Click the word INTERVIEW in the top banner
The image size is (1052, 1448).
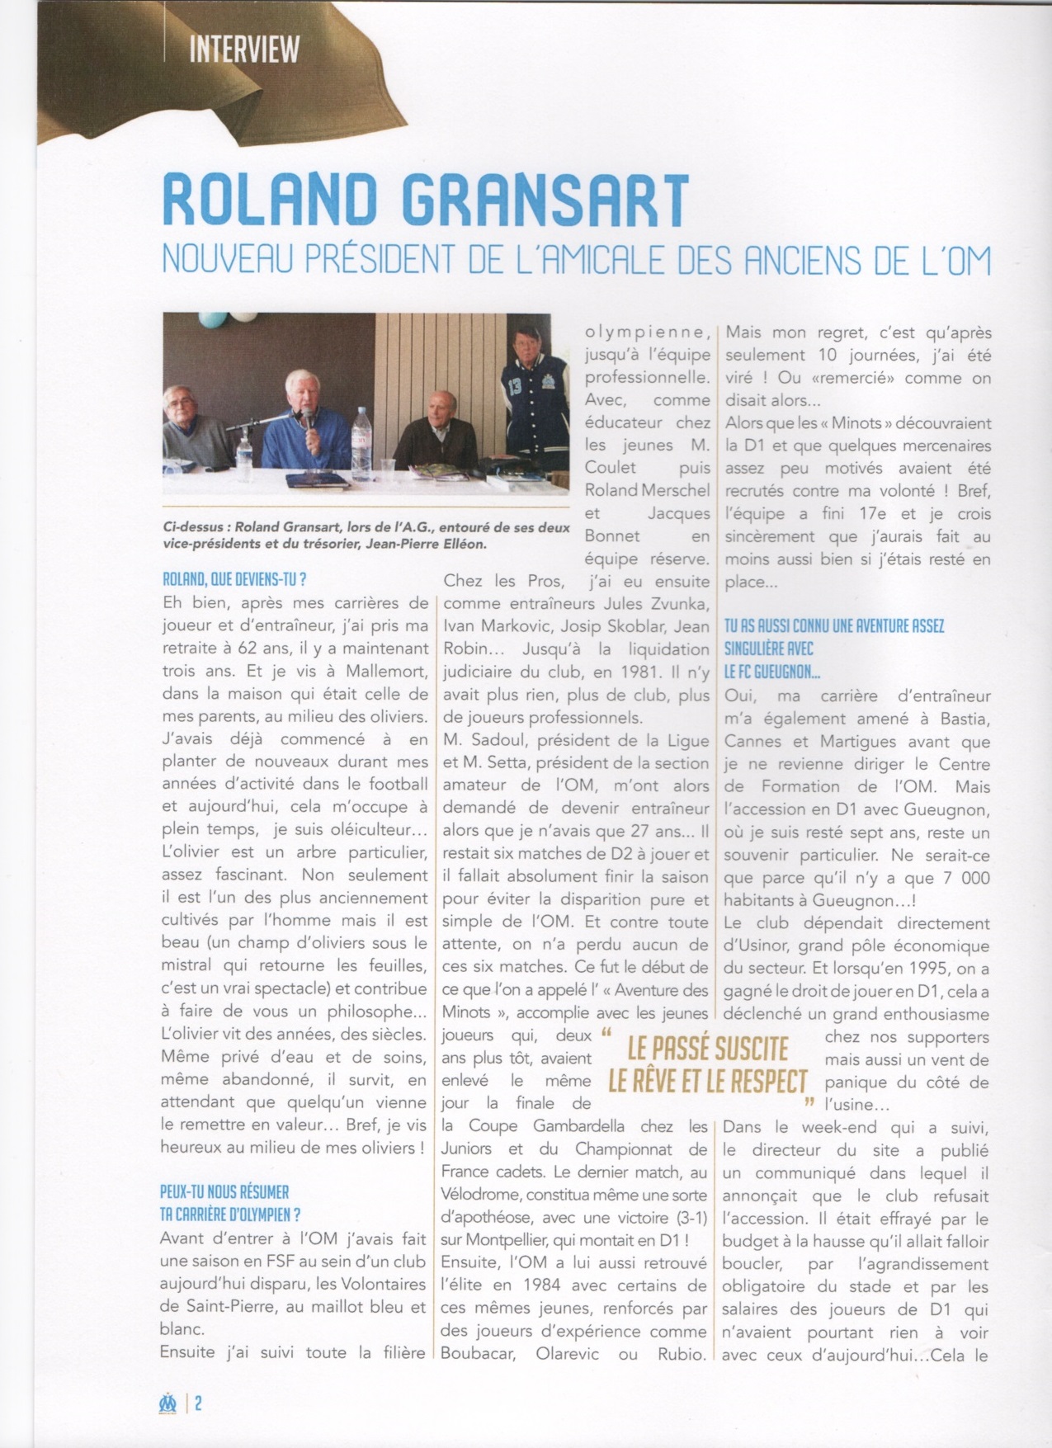243,50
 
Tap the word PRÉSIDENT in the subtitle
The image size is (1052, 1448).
379,260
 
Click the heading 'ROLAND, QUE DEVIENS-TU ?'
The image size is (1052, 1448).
235,580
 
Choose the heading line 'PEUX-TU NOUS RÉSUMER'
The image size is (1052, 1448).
224,1192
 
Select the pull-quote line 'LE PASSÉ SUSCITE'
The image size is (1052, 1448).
708,1049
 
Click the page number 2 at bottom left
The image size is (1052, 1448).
199,1403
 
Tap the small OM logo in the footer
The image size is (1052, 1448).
168,1403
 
